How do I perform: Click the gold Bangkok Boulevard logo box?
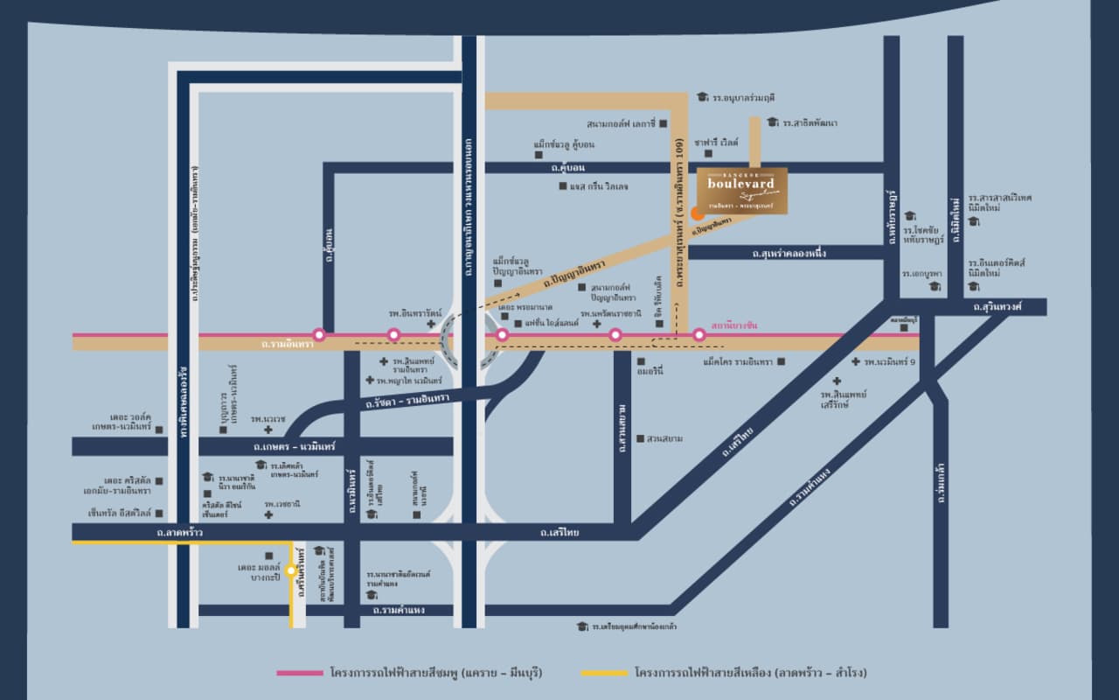pyautogui.click(x=742, y=190)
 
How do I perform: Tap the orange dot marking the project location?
pyautogui.click(x=696, y=213)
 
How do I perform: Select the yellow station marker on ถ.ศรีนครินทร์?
pyautogui.click(x=291, y=570)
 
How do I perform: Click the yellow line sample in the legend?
pyautogui.click(x=604, y=673)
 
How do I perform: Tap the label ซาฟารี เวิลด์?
pyautogui.click(x=716, y=142)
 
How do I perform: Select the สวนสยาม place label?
pyautogui.click(x=664, y=438)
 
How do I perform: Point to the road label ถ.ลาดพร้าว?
pyautogui.click(x=180, y=532)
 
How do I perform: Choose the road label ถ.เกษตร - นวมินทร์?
pyautogui.click(x=295, y=446)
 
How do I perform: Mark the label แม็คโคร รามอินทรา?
pyautogui.click(x=738, y=361)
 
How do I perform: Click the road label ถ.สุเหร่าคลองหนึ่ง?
pyautogui.click(x=789, y=253)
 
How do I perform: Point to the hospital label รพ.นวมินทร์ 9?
pyautogui.click(x=889, y=361)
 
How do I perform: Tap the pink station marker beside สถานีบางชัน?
pyautogui.click(x=699, y=334)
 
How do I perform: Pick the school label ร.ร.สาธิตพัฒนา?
pyautogui.click(x=810, y=123)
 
